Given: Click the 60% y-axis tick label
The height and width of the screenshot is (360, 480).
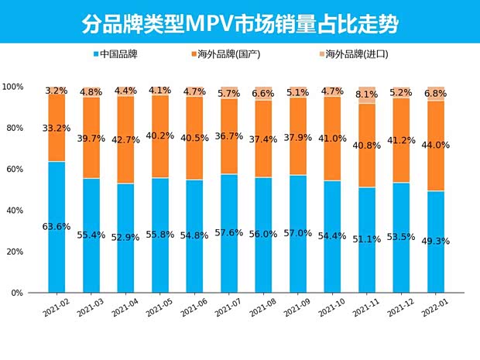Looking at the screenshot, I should click(15, 170).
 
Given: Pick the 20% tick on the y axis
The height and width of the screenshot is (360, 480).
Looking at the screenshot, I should click(15, 252).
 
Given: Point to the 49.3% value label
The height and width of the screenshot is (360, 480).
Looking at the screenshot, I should click(435, 241).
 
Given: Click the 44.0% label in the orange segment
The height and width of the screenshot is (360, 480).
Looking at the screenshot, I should click(435, 145).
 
